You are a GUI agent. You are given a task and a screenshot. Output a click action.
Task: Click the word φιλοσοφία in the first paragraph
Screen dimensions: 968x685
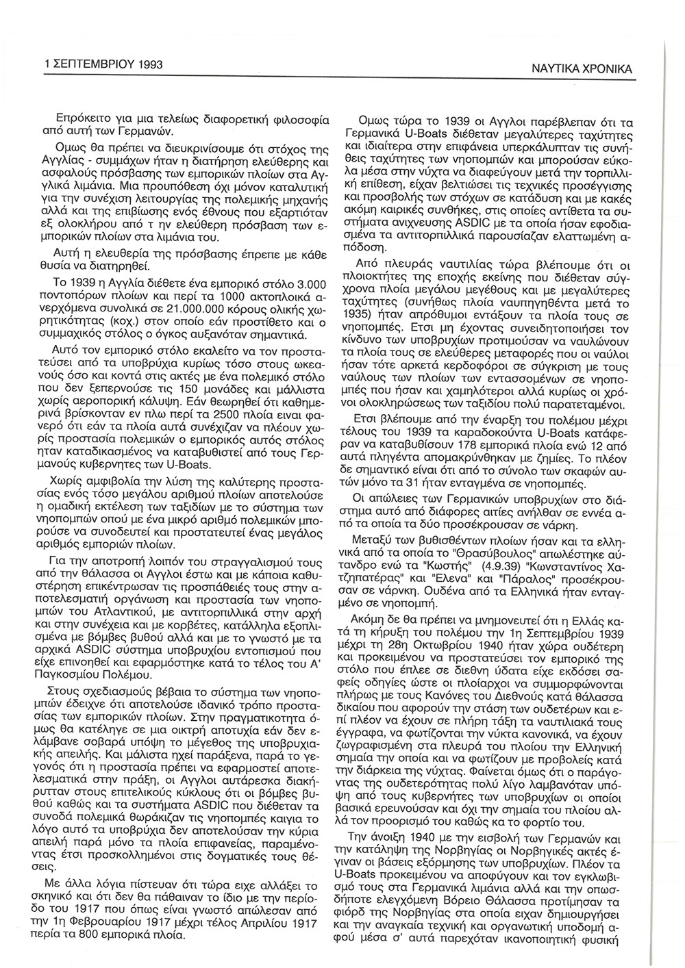tap(300, 117)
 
